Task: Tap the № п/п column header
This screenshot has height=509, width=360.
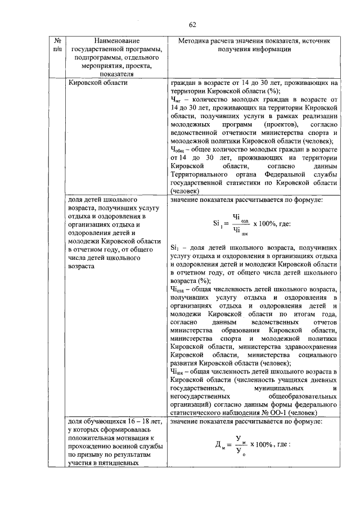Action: point(57,45)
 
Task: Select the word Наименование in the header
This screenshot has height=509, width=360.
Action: point(117,41)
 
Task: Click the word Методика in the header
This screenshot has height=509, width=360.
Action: point(196,41)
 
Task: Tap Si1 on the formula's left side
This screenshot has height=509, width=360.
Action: point(218,223)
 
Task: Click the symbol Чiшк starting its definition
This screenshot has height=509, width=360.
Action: point(177,372)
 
